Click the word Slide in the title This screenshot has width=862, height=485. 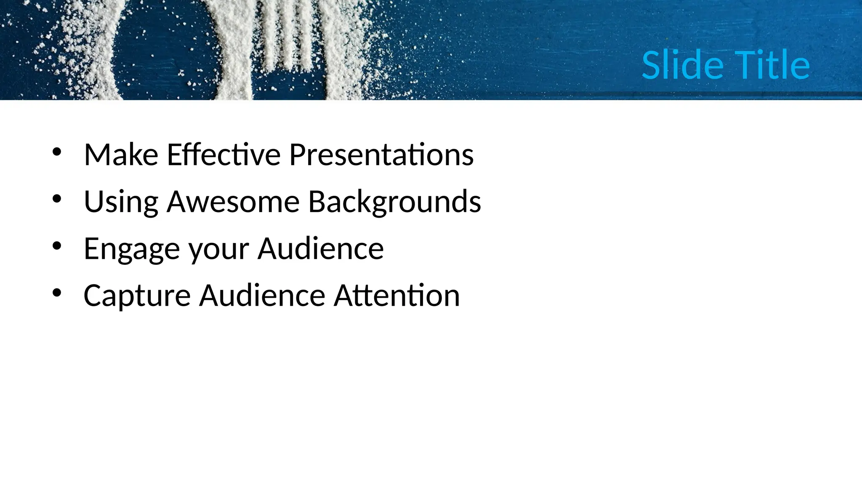[682, 65]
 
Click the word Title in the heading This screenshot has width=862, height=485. [772, 65]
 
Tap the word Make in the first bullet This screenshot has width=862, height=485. [121, 155]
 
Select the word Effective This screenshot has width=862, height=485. [223, 155]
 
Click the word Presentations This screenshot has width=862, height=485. [381, 155]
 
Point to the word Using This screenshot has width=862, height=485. [121, 202]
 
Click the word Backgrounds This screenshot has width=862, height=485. [394, 202]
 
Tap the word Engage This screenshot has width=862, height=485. [132, 249]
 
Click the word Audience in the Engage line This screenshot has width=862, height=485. [320, 248]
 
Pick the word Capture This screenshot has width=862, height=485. [137, 296]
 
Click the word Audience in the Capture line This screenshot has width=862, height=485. [262, 296]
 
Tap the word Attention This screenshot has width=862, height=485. [396, 296]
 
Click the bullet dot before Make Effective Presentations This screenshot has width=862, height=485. [57, 152]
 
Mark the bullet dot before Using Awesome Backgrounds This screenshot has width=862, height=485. [57, 199]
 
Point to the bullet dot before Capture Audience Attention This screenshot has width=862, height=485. [57, 293]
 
